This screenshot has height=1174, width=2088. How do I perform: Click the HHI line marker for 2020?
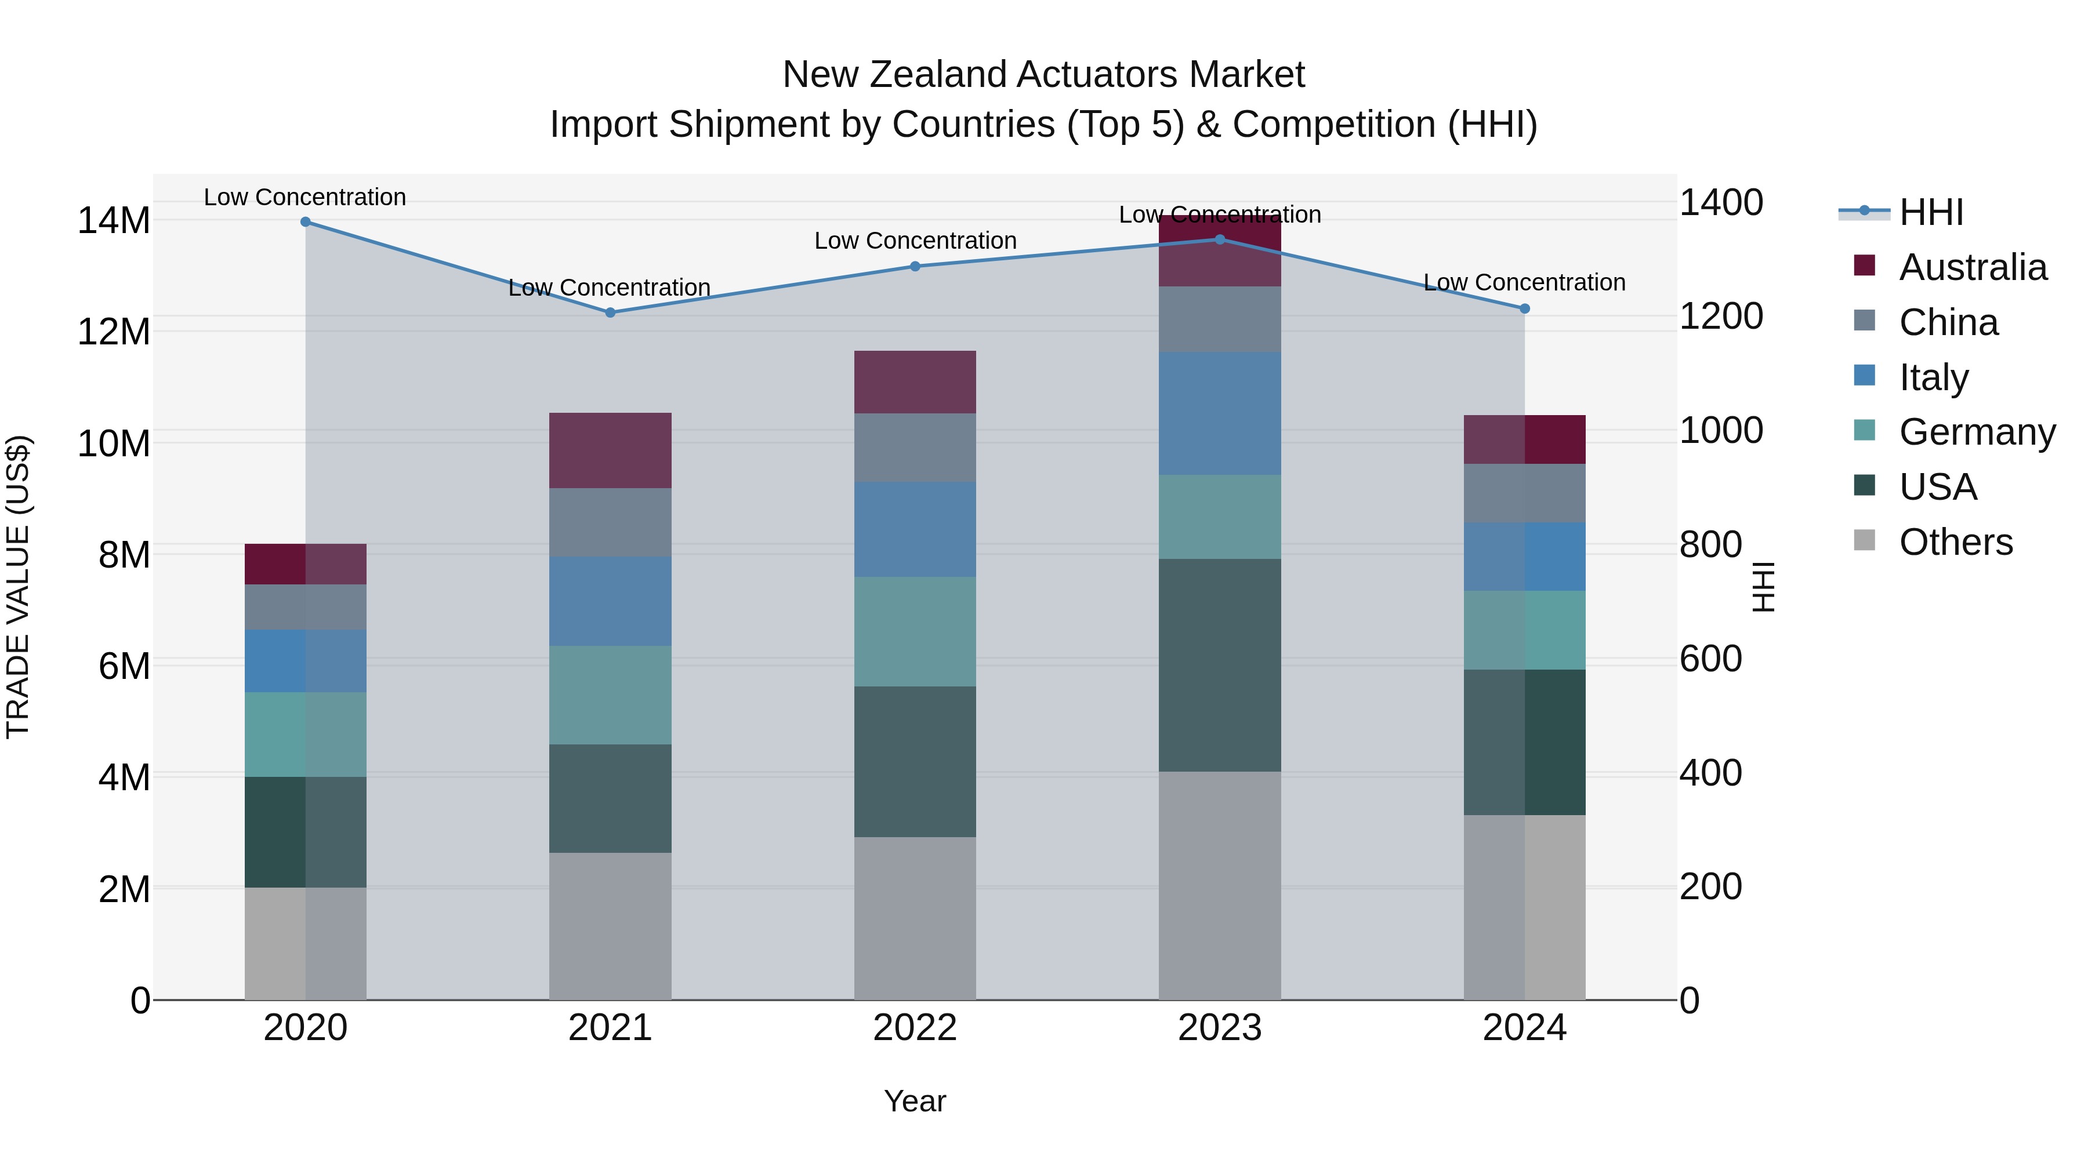(306, 222)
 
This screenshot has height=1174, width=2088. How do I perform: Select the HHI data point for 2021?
(610, 312)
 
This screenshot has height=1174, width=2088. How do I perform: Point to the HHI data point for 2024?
(1525, 308)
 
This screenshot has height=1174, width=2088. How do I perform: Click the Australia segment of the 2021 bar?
(610, 450)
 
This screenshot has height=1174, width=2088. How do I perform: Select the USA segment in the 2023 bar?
(1220, 665)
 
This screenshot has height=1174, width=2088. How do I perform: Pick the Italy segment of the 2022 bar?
(915, 530)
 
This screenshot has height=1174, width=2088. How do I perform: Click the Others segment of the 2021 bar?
(610, 926)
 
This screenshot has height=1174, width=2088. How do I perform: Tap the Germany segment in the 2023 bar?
(1220, 517)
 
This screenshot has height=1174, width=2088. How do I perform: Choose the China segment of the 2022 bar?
(915, 448)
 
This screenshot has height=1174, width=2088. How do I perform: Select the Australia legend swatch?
(1864, 266)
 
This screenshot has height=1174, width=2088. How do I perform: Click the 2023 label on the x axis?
(1220, 1028)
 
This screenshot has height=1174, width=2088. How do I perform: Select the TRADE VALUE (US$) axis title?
(18, 587)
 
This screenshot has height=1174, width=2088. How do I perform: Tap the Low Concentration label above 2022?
(915, 241)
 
